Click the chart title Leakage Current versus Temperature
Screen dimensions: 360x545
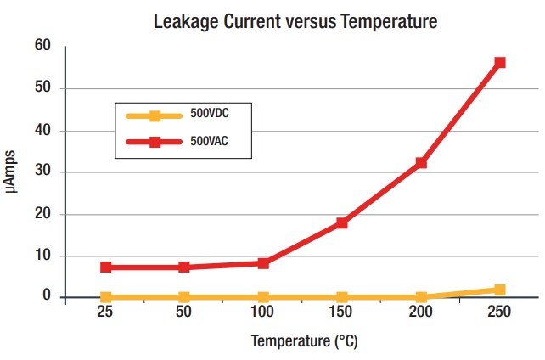point(295,21)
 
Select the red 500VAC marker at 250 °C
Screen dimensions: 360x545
point(500,62)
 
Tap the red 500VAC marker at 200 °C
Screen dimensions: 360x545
point(421,162)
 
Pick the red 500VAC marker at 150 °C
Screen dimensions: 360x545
point(342,222)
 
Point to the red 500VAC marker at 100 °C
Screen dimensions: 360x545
point(263,263)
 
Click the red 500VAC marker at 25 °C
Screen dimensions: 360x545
point(106,267)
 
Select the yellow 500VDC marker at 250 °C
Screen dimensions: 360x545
point(500,290)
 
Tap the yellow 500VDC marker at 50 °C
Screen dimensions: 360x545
point(184,297)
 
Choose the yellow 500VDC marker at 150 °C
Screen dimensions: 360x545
point(342,297)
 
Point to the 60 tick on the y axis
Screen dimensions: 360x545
point(42,46)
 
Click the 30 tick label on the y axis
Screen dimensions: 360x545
point(42,171)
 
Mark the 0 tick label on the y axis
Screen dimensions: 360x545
point(48,295)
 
